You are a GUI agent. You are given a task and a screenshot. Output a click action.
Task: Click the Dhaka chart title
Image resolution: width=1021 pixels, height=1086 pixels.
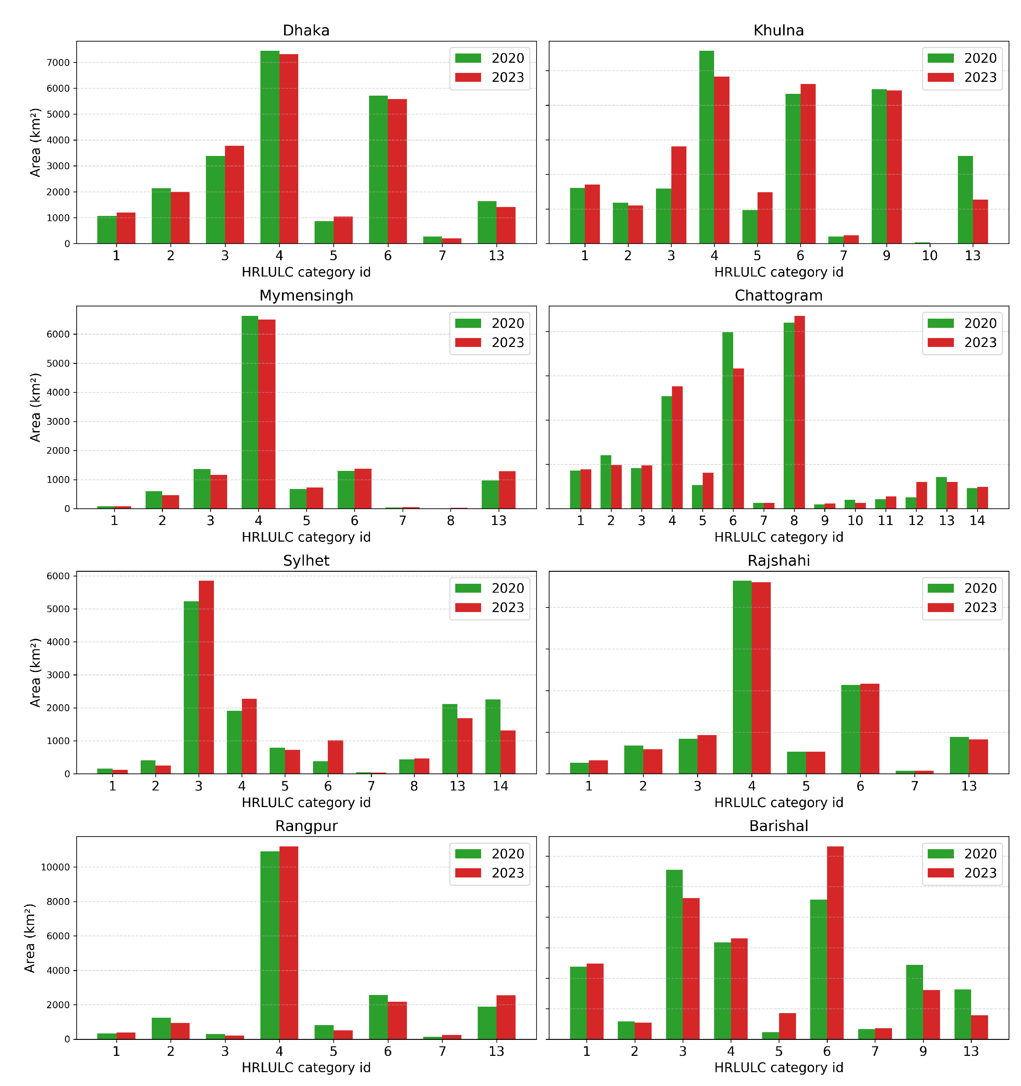306,30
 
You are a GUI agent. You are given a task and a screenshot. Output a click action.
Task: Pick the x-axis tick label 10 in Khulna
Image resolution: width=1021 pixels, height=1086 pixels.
929,256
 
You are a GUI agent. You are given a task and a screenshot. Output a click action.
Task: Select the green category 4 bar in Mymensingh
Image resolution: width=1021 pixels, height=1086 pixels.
250,412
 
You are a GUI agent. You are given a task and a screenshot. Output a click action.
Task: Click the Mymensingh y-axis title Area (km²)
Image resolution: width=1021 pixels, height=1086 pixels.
35,408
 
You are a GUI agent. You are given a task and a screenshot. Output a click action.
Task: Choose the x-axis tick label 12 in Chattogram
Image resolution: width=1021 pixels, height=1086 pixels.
916,521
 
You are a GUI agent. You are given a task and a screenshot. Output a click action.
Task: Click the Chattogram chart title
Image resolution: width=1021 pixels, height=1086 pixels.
778,296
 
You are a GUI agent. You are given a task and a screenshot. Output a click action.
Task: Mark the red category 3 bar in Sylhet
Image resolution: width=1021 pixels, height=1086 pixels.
206,677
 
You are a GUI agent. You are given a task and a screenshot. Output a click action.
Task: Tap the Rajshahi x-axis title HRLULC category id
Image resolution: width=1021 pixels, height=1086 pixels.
778,802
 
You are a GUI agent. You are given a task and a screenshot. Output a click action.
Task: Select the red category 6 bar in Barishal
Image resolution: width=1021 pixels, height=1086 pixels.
835,943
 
